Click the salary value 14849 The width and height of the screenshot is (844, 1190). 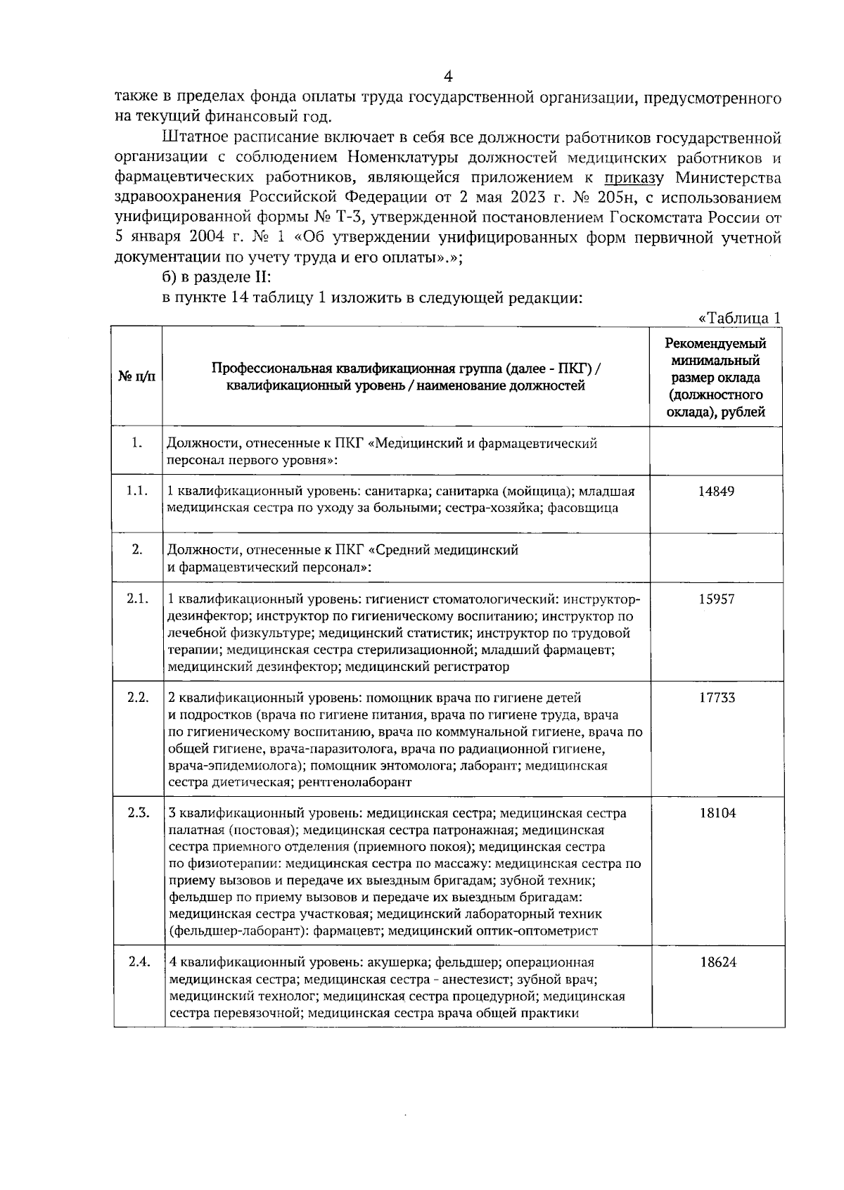(716, 491)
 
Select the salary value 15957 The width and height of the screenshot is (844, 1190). (716, 599)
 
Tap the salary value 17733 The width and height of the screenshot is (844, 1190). (716, 698)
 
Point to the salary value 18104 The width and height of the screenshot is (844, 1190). (717, 813)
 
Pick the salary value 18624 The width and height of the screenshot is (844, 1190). (717, 962)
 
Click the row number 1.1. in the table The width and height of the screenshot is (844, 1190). (137, 490)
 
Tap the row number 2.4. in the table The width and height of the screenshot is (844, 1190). (139, 961)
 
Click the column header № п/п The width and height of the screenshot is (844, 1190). (137, 377)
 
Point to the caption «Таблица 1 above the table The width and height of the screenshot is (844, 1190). (739, 318)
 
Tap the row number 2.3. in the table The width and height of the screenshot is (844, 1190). (139, 812)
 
